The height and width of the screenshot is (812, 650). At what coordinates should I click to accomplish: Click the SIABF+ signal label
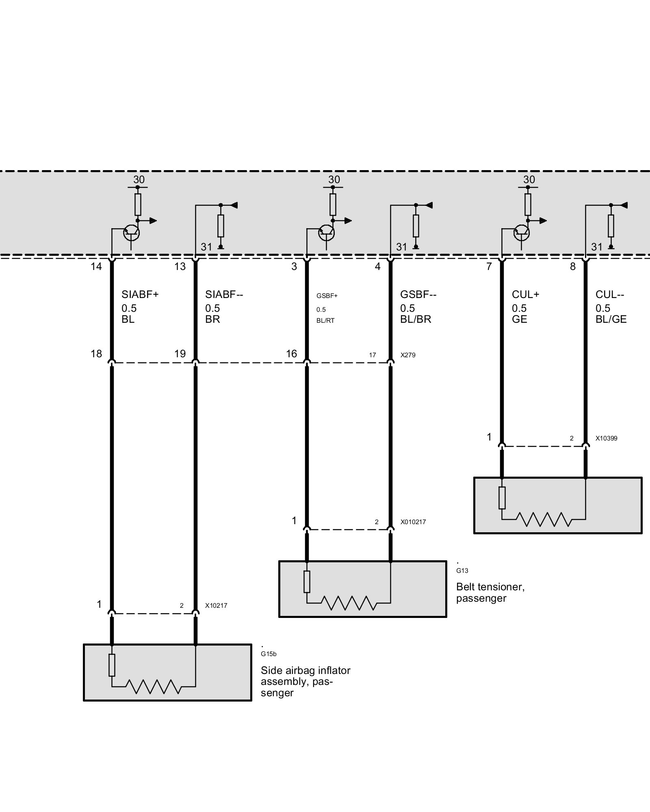click(x=140, y=294)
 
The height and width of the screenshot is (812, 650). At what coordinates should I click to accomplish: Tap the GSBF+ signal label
click(x=327, y=296)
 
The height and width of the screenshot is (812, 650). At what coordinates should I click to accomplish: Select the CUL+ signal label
click(x=525, y=294)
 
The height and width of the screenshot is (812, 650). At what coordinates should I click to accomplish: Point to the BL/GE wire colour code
click(x=611, y=320)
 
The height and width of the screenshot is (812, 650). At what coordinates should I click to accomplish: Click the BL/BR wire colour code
click(x=415, y=320)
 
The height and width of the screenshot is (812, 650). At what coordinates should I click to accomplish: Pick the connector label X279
click(x=408, y=355)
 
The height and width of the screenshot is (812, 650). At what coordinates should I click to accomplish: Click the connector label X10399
click(x=606, y=438)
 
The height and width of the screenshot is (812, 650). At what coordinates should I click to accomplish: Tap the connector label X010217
click(x=413, y=522)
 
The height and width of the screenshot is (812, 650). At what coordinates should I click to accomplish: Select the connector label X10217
click(x=216, y=606)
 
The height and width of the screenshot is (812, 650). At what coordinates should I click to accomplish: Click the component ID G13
click(x=462, y=571)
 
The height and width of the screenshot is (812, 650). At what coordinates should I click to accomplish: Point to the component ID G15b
click(x=269, y=654)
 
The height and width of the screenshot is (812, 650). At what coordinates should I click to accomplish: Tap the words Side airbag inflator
click(x=305, y=670)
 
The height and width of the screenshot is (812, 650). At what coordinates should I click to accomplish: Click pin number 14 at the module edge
click(x=96, y=266)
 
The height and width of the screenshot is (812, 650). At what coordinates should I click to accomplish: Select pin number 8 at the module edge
click(x=572, y=266)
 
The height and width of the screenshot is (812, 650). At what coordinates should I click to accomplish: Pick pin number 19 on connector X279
click(x=180, y=354)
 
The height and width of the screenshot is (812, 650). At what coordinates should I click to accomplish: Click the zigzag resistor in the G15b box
click(x=153, y=687)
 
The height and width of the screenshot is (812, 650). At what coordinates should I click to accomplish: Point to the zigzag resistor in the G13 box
click(x=348, y=603)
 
